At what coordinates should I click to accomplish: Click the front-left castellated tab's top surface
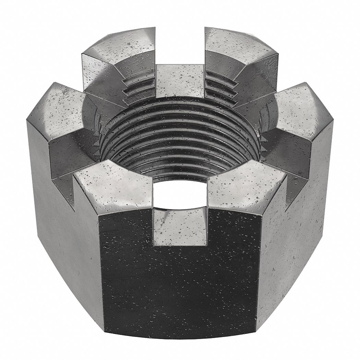coord(113,187)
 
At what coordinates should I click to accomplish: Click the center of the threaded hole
coord(180,137)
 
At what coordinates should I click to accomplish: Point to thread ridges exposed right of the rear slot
coord(223,91)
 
